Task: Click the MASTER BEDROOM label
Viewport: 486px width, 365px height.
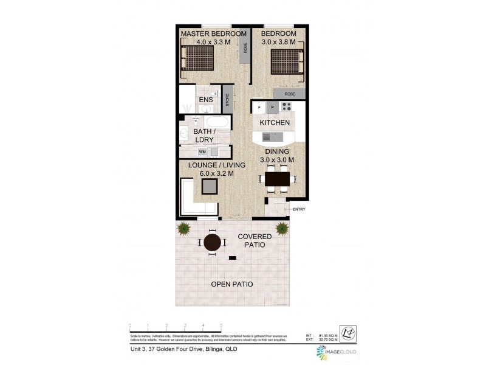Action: [x=213, y=33]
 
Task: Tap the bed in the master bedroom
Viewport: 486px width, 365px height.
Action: [x=197, y=60]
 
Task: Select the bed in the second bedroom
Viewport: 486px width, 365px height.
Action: [x=285, y=63]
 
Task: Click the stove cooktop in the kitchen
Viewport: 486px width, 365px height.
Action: [x=286, y=107]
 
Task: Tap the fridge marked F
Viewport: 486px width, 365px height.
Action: [x=259, y=107]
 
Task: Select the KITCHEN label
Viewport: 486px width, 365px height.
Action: [x=275, y=122]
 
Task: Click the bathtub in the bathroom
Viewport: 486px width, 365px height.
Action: [x=216, y=122]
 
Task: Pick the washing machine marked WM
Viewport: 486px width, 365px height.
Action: [x=202, y=151]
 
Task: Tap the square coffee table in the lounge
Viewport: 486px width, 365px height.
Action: [x=210, y=188]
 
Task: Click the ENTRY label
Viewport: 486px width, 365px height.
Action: [x=299, y=209]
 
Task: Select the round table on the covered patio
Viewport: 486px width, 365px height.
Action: [x=212, y=243]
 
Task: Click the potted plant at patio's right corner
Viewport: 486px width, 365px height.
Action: [x=282, y=229]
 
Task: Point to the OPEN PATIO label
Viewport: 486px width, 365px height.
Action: [x=232, y=284]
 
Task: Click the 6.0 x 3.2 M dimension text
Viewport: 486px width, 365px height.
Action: [x=216, y=174]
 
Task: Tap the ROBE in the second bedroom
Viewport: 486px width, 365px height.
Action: [x=289, y=94]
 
